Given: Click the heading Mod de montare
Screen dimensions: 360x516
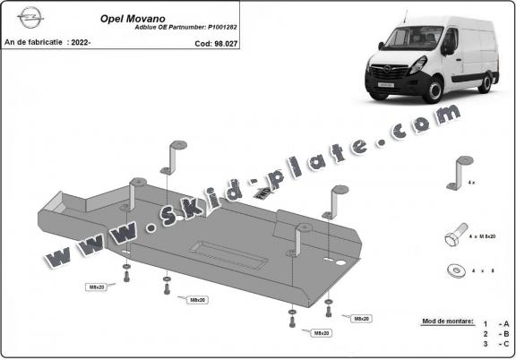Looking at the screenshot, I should click(x=446, y=321).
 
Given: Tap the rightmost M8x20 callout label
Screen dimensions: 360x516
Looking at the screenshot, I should click(x=362, y=319).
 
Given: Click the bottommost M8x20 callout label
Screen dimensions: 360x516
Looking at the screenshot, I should click(x=321, y=333).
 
